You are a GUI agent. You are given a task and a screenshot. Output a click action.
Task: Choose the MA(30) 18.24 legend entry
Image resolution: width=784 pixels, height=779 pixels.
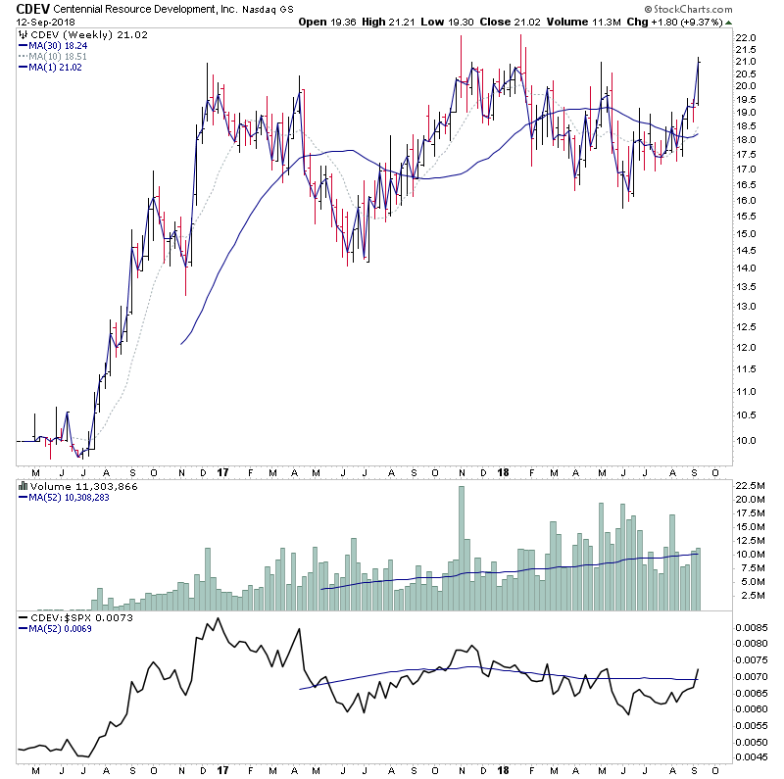click(x=61, y=46)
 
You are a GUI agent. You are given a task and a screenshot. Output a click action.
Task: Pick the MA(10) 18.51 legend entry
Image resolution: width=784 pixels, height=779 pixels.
click(x=61, y=57)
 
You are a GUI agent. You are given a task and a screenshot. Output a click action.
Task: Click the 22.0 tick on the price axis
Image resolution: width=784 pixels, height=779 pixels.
click(x=748, y=37)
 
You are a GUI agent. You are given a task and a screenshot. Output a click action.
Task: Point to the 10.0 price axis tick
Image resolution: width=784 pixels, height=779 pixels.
click(x=748, y=440)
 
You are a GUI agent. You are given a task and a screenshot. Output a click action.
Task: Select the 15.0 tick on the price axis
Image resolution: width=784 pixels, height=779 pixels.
click(x=748, y=233)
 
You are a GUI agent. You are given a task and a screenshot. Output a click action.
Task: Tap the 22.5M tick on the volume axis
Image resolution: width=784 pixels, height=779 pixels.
click(x=752, y=484)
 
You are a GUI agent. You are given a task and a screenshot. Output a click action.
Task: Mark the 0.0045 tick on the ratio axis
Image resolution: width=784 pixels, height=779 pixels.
click(x=754, y=755)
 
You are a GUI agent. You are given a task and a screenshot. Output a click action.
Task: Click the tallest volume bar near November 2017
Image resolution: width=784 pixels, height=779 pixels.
click(x=462, y=549)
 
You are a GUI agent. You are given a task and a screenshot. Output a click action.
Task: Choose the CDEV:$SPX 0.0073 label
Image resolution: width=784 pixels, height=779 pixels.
click(x=71, y=618)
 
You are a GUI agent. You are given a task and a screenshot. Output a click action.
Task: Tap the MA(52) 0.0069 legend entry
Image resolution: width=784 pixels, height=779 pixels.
click(x=61, y=630)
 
